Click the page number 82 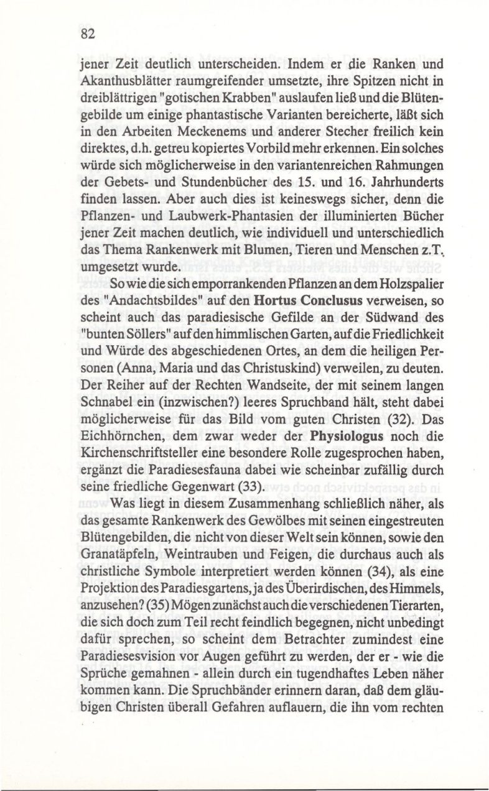click(x=87, y=35)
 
